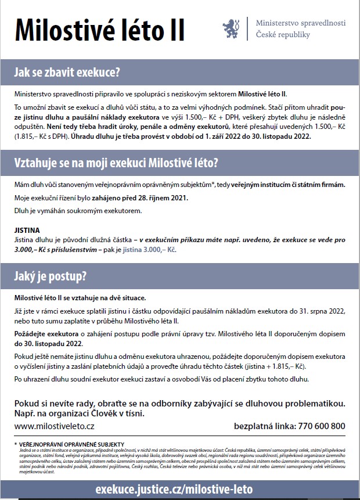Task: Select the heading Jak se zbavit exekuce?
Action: (67, 73)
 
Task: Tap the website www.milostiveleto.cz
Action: (55, 426)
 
